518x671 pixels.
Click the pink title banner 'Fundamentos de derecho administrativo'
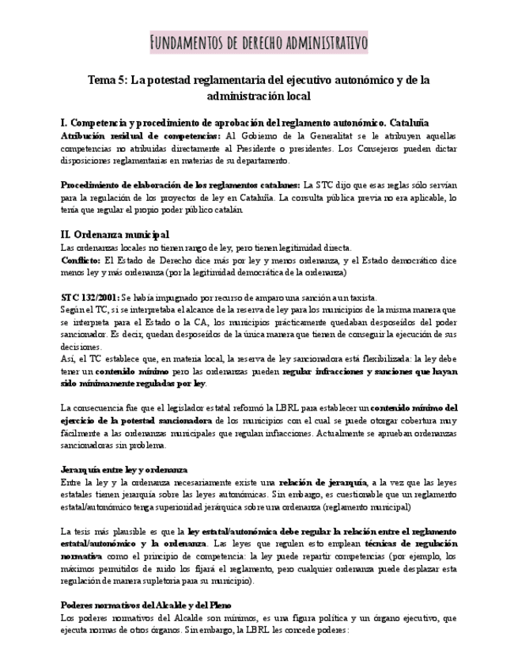pyautogui.click(x=259, y=42)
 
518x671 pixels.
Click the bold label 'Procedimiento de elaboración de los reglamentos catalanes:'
pyautogui.click(x=180, y=184)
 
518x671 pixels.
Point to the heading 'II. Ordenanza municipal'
pyautogui.click(x=115, y=234)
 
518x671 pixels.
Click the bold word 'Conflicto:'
pyautogui.click(x=81, y=260)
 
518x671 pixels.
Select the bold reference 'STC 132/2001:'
pyautogui.click(x=89, y=298)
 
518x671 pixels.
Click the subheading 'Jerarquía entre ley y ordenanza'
pyautogui.click(x=124, y=469)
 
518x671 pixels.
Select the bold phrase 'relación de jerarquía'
pyautogui.click(x=322, y=482)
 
